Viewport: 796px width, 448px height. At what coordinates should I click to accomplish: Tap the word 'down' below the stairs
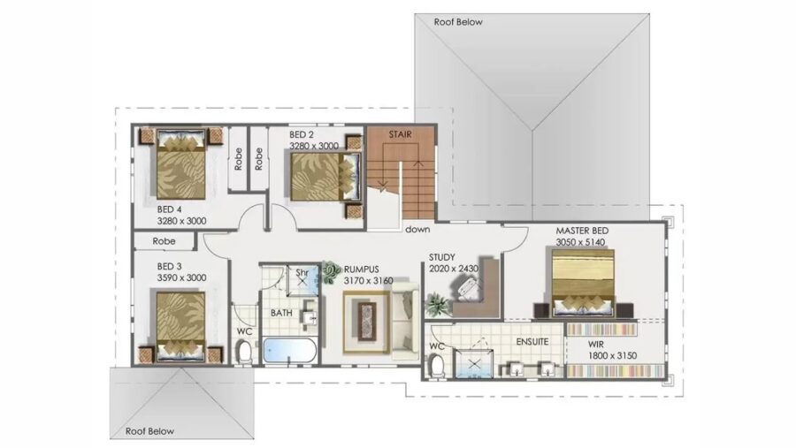(417, 230)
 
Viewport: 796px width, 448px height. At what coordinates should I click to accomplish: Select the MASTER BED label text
(581, 231)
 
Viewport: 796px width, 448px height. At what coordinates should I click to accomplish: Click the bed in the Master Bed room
(583, 281)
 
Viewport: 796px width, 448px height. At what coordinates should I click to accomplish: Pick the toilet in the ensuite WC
(436, 363)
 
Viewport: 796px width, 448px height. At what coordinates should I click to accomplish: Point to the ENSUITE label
(533, 341)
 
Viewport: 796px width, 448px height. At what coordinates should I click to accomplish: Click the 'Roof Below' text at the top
(458, 22)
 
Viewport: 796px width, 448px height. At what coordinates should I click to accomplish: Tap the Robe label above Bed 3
(164, 240)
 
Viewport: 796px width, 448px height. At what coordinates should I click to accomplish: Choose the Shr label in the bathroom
(301, 272)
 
